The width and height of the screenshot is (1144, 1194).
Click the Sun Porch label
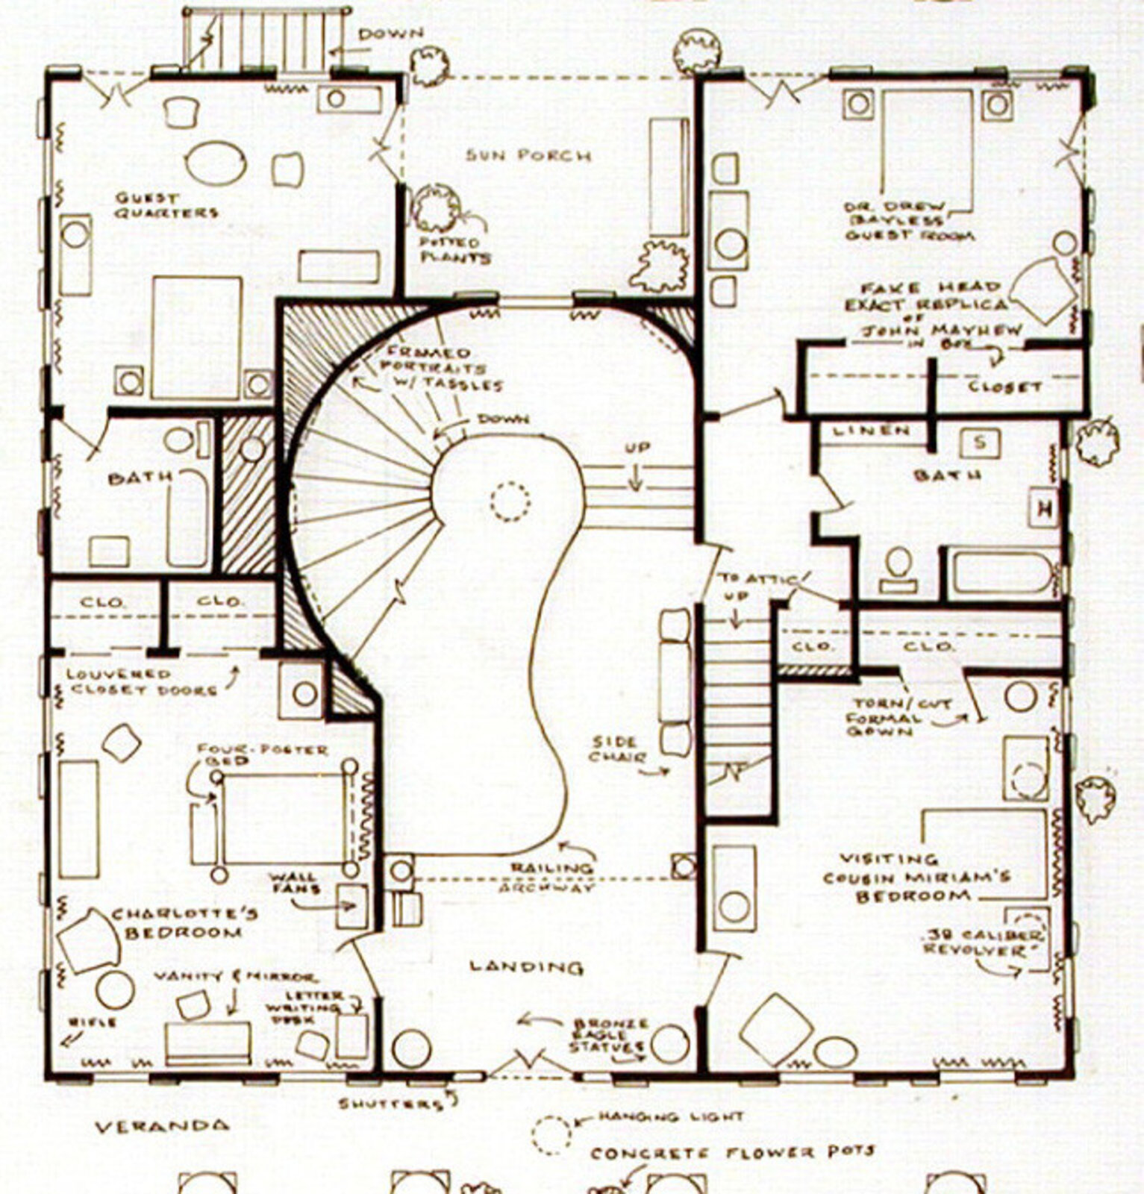(x=528, y=155)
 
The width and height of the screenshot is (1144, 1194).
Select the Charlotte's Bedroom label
(x=184, y=923)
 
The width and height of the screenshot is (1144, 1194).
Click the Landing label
(x=526, y=967)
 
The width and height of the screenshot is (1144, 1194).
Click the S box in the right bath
(x=980, y=443)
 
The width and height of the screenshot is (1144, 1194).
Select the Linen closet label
(x=871, y=431)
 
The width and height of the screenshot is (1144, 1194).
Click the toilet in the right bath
(x=898, y=569)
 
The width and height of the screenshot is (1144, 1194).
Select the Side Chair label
(x=616, y=750)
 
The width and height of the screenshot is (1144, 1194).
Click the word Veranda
(x=162, y=1125)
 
